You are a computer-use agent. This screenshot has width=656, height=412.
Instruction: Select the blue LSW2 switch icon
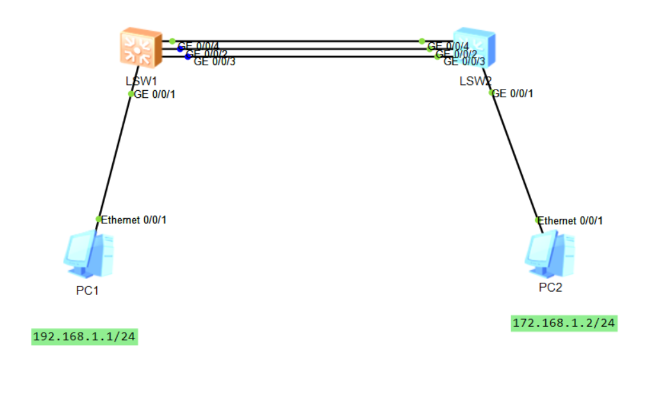pos(473,47)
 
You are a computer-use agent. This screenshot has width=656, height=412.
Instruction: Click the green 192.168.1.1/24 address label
pos(85,337)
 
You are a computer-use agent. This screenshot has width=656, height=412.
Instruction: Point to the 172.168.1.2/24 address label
pos(564,323)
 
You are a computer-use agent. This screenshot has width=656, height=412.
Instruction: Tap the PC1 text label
pos(87,290)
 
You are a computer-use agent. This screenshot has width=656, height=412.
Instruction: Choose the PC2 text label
pos(550,287)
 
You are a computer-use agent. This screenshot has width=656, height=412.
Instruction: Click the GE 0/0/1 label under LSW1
pos(154,94)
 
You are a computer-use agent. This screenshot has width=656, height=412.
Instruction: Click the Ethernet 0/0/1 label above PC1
pos(134,220)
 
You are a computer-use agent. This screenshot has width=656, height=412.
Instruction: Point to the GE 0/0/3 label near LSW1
pos(214,62)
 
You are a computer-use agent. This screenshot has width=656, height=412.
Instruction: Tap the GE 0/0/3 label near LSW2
pos(464,62)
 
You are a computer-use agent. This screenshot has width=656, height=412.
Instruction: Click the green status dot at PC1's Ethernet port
pos(98,219)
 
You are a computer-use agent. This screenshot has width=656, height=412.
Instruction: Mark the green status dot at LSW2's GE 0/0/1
pos(491,93)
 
